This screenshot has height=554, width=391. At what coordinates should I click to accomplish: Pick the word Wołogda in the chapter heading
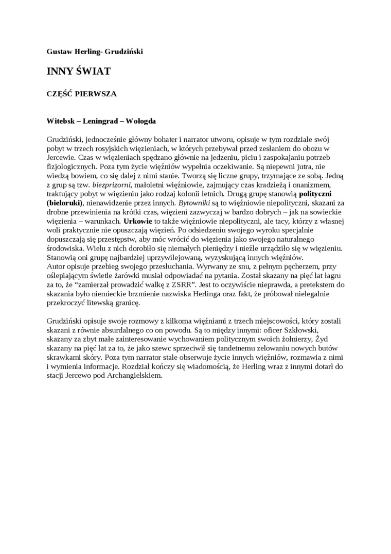pos(139,122)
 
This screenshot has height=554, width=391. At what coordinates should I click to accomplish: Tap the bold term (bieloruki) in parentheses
pos(64,203)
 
